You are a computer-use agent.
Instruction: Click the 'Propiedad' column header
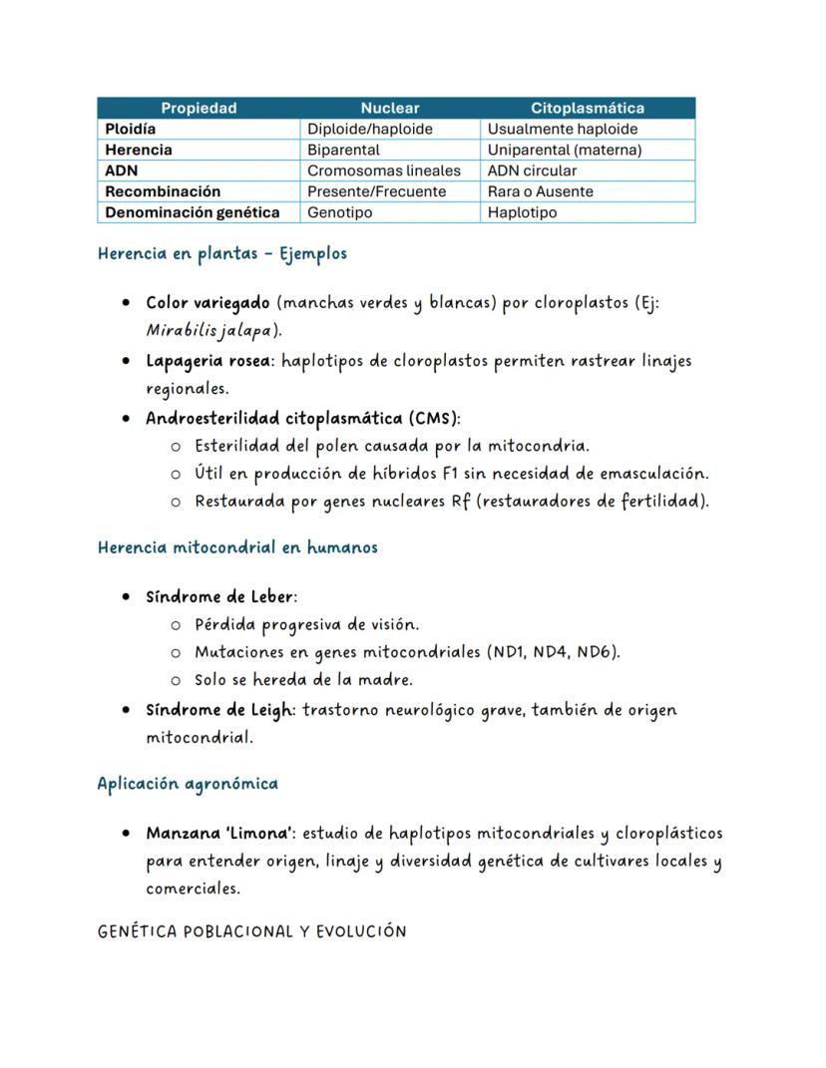point(199,108)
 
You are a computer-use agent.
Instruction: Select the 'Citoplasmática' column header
point(587,108)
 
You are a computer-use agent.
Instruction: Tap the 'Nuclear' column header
point(390,108)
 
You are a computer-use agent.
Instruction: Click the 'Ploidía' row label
point(131,129)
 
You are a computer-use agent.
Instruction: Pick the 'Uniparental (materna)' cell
point(564,150)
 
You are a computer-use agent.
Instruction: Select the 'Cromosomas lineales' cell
point(384,171)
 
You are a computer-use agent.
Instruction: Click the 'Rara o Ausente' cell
point(540,191)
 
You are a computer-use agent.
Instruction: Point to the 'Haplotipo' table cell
point(522,212)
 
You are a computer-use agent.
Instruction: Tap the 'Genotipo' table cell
point(339,212)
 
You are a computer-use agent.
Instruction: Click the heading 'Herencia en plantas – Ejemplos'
point(221,253)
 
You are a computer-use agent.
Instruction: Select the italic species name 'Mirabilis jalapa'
point(206,330)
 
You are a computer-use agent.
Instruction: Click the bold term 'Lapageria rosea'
point(207,361)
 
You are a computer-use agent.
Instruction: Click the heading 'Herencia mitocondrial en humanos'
point(237,547)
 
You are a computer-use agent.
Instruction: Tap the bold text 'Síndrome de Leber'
point(219,597)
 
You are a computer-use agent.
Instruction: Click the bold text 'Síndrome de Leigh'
point(219,710)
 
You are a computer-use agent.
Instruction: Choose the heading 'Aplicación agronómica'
point(188,784)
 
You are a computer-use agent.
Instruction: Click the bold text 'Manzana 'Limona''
point(219,833)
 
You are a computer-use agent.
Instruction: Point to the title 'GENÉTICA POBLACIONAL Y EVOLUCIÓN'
point(251,931)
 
